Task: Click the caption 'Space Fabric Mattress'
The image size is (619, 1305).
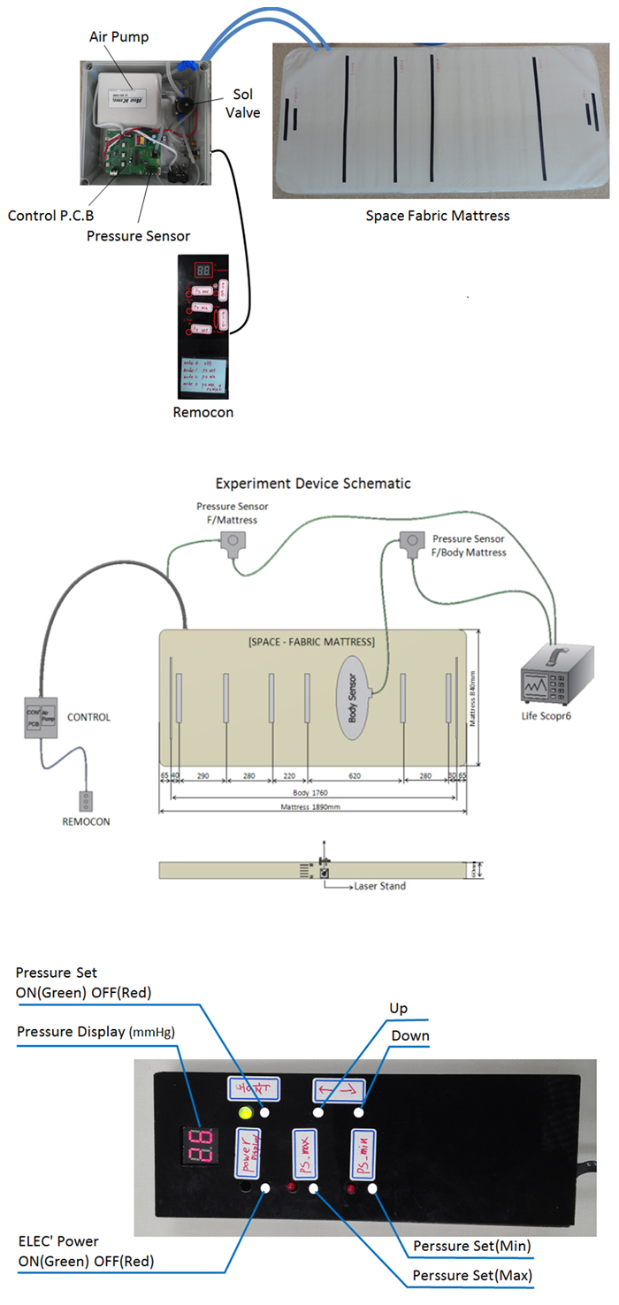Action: click(x=438, y=215)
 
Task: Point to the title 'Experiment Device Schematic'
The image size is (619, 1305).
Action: click(x=313, y=484)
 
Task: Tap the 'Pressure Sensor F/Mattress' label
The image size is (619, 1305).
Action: click(x=233, y=513)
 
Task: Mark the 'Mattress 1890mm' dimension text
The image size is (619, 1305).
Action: click(x=309, y=808)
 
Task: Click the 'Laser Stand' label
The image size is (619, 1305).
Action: click(x=379, y=885)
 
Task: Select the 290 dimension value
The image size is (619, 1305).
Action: click(x=203, y=775)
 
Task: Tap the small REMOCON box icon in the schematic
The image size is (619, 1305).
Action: click(x=86, y=801)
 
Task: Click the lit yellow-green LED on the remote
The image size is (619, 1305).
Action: click(x=246, y=1113)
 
